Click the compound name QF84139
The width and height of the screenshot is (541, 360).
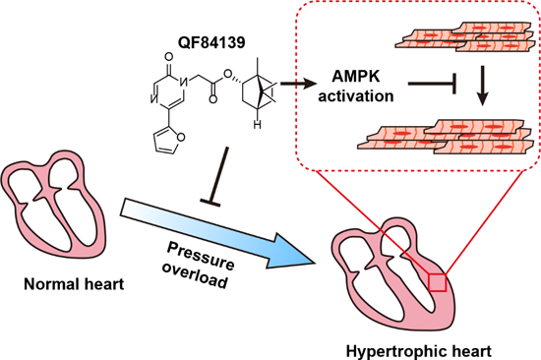coord(211,42)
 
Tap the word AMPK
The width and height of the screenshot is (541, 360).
coord(356,76)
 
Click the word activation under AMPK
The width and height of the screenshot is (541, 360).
coord(356,95)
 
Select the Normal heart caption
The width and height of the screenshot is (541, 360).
coord(74,284)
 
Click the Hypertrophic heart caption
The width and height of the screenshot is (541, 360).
coord(418,352)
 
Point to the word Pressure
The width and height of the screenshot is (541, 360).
coord(201,256)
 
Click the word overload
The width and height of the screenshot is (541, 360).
coord(195,275)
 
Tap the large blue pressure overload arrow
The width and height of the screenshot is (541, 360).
coord(217,234)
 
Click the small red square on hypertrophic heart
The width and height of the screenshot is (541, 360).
coord(437,282)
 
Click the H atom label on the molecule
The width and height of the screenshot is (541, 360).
coord(257,124)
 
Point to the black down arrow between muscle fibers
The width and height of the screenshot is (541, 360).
coord(482,86)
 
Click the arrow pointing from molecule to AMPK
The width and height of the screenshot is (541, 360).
coord(298,84)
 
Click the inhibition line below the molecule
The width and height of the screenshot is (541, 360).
coord(216,177)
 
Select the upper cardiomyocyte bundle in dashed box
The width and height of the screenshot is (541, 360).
coord(466,37)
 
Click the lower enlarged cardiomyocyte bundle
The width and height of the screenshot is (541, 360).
coord(446,137)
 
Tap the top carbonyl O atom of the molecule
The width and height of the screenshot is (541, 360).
coord(169,57)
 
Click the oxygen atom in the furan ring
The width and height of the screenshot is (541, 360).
coord(181,138)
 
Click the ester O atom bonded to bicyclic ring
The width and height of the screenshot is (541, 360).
coord(227,74)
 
